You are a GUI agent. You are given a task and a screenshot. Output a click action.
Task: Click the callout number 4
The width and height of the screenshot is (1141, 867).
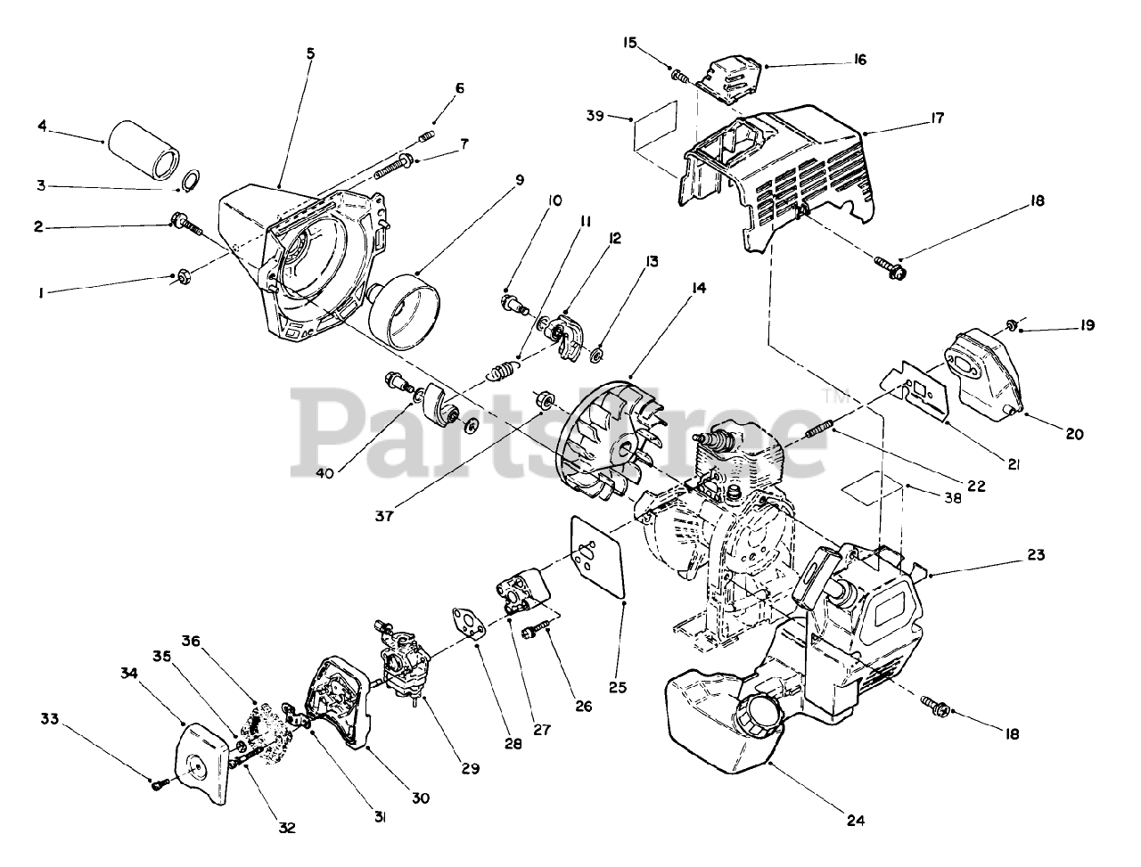click(42, 127)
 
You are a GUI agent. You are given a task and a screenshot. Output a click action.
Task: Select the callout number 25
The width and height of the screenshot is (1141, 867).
click(618, 687)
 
